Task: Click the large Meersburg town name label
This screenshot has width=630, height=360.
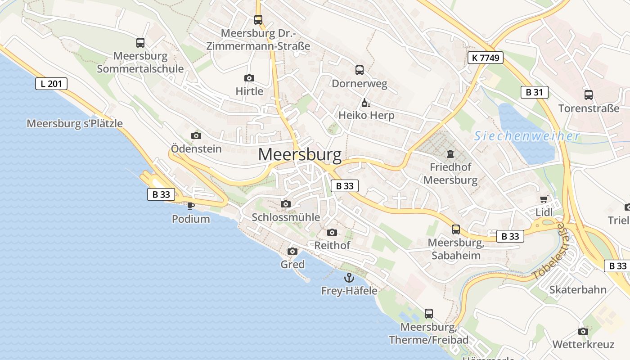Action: [300, 155]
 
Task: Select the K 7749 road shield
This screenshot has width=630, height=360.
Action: [485, 58]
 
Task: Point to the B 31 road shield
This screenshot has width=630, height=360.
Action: [534, 92]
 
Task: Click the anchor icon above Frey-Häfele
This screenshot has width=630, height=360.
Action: [349, 278]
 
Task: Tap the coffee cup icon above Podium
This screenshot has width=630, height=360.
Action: [191, 206]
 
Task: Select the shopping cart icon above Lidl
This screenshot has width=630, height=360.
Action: [544, 199]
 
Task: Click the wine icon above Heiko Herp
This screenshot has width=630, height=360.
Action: [366, 103]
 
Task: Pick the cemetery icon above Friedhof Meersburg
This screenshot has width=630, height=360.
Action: [450, 154]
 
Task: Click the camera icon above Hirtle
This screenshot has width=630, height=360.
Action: [249, 78]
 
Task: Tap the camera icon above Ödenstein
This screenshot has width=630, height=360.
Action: [196, 135]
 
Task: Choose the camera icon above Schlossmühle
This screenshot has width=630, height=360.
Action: [286, 204]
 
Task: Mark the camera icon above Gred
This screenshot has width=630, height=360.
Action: [292, 251]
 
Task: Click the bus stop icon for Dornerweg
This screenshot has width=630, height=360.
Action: [359, 70]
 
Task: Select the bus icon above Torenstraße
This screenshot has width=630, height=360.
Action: [589, 95]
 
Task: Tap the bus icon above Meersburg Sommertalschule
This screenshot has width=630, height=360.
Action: [140, 43]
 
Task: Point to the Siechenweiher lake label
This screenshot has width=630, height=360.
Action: [527, 136]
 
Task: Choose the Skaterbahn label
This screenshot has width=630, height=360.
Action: [578, 289]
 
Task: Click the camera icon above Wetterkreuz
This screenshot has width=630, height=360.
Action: [583, 332]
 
